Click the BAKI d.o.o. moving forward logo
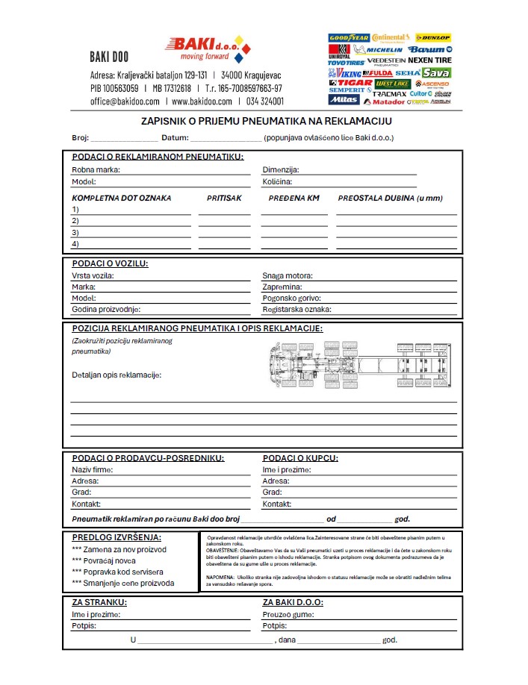pos(208,49)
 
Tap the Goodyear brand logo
pos(348,37)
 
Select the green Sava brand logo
pos(436,73)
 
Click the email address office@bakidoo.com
pos(125,101)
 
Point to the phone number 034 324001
pos(265,101)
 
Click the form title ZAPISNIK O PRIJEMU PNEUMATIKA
pos(267,121)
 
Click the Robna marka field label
pos(96,169)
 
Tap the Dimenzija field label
pos(281,169)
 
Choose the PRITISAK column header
pos(224,198)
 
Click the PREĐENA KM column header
pos(293,198)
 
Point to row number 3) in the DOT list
pos(75,233)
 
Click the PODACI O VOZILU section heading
pos(110,263)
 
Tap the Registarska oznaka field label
pos(296,309)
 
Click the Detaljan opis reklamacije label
pos(117,375)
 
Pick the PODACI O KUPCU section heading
pos(300,458)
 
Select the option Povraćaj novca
pos(104,560)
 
